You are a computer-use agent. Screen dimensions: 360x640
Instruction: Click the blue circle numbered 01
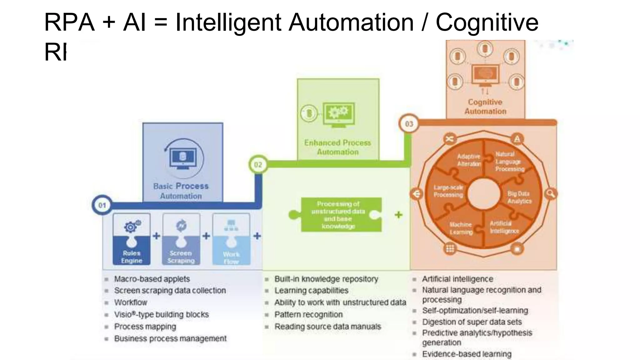[102, 205]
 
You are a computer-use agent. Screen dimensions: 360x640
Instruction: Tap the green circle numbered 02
[258, 164]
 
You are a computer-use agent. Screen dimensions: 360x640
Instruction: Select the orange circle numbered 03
[409, 124]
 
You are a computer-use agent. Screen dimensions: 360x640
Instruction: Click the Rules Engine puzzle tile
[132, 239]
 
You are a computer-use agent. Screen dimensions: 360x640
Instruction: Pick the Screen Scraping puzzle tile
[181, 239]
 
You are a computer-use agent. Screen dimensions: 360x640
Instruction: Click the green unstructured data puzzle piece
[338, 215]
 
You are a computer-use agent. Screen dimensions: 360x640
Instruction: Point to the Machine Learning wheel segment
[461, 228]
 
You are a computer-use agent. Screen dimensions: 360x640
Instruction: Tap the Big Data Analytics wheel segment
[519, 197]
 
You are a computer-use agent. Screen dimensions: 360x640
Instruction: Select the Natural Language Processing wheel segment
[509, 162]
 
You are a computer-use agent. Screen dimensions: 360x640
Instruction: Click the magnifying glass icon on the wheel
[550, 194]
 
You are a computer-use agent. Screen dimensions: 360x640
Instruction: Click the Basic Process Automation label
[181, 191]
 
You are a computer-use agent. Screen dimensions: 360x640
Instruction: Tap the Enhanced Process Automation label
[337, 147]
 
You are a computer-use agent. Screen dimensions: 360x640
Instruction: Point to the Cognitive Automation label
[485, 107]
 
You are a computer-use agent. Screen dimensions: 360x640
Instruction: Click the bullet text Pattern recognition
[308, 314]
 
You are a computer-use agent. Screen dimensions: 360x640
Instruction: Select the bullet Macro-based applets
[152, 279]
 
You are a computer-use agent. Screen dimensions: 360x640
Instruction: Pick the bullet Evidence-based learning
[467, 354]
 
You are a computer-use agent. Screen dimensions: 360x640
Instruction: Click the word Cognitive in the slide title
[487, 22]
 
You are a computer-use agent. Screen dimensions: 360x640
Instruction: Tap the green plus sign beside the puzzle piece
[398, 215]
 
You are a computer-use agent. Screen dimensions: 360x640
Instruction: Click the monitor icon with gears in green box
[339, 114]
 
